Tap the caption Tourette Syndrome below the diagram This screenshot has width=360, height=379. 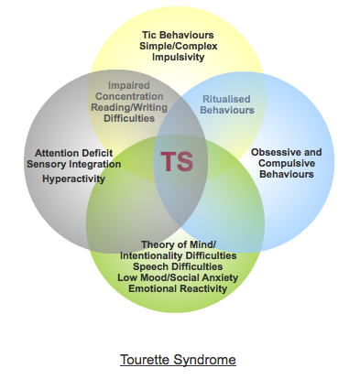178,359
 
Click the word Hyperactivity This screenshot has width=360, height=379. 73,179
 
